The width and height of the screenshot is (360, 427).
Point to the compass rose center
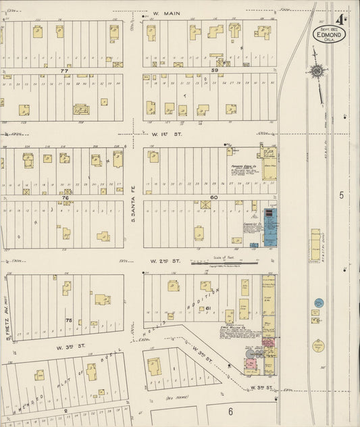316,70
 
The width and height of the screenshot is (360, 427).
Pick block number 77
64,70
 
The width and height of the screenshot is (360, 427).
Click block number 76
66,197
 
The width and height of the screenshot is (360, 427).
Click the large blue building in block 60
269,228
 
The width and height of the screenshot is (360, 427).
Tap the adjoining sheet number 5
342,195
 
